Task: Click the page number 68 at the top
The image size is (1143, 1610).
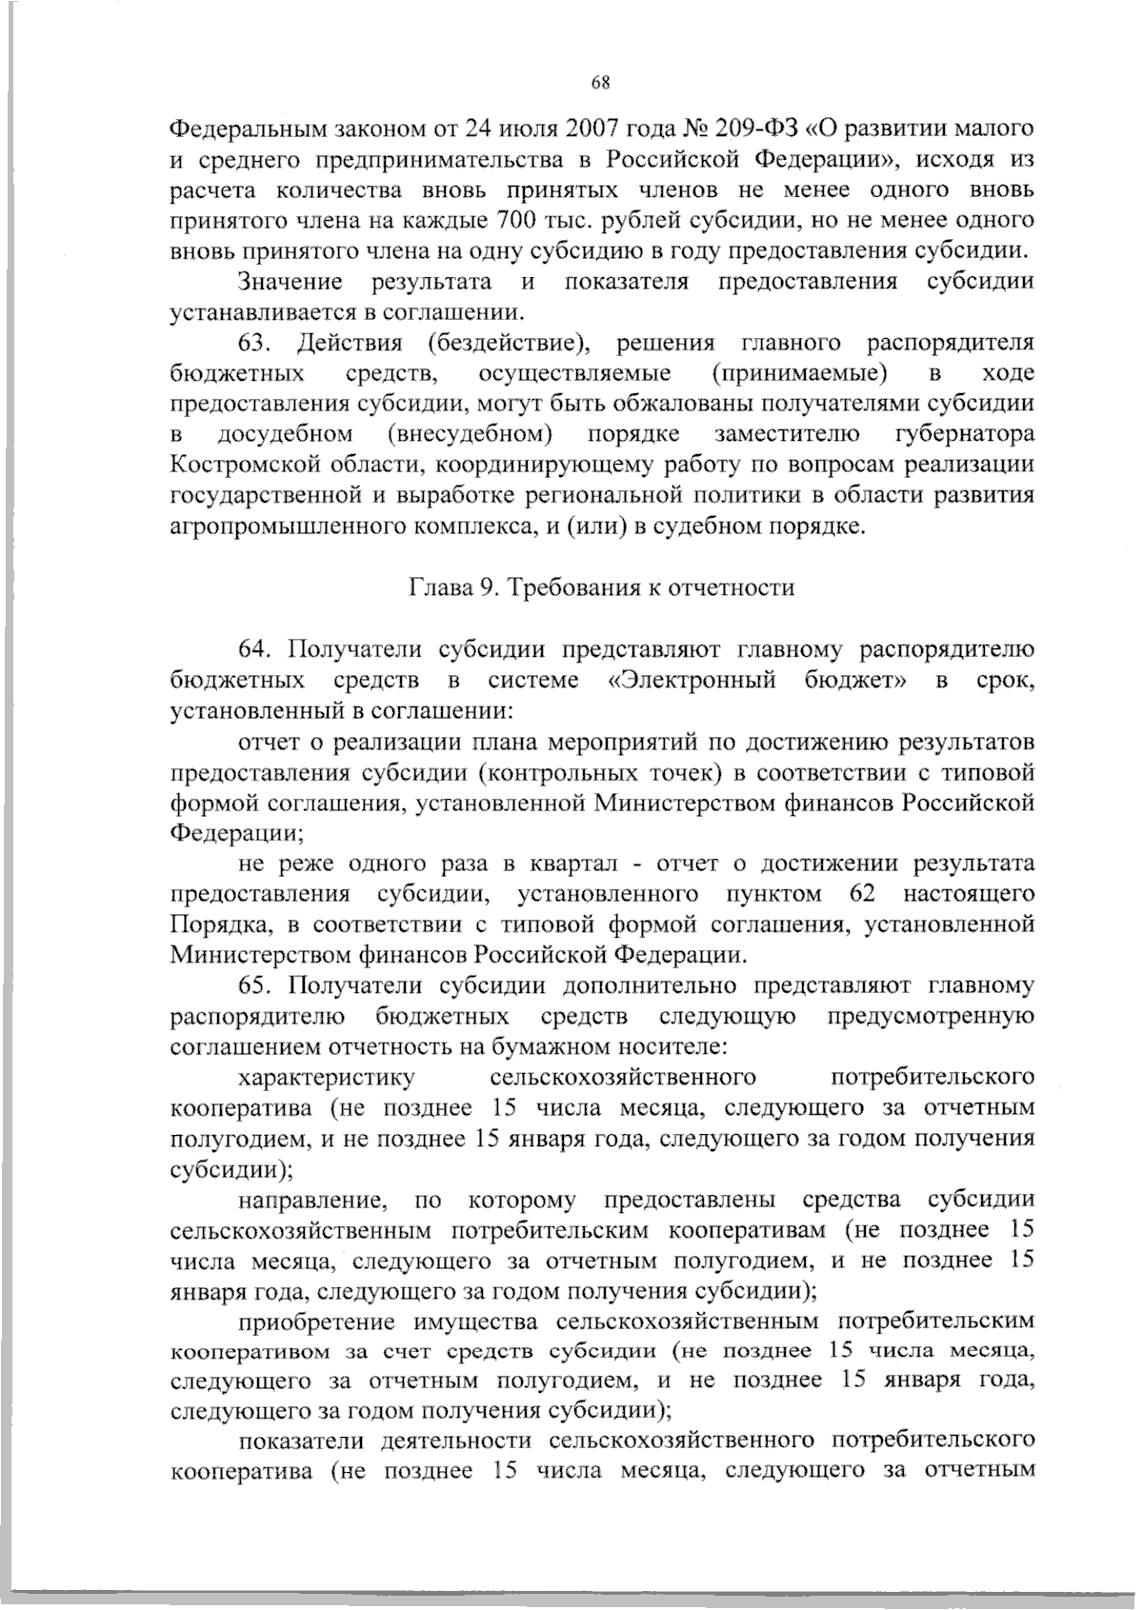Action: point(599,82)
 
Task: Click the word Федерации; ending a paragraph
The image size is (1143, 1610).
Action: point(235,833)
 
